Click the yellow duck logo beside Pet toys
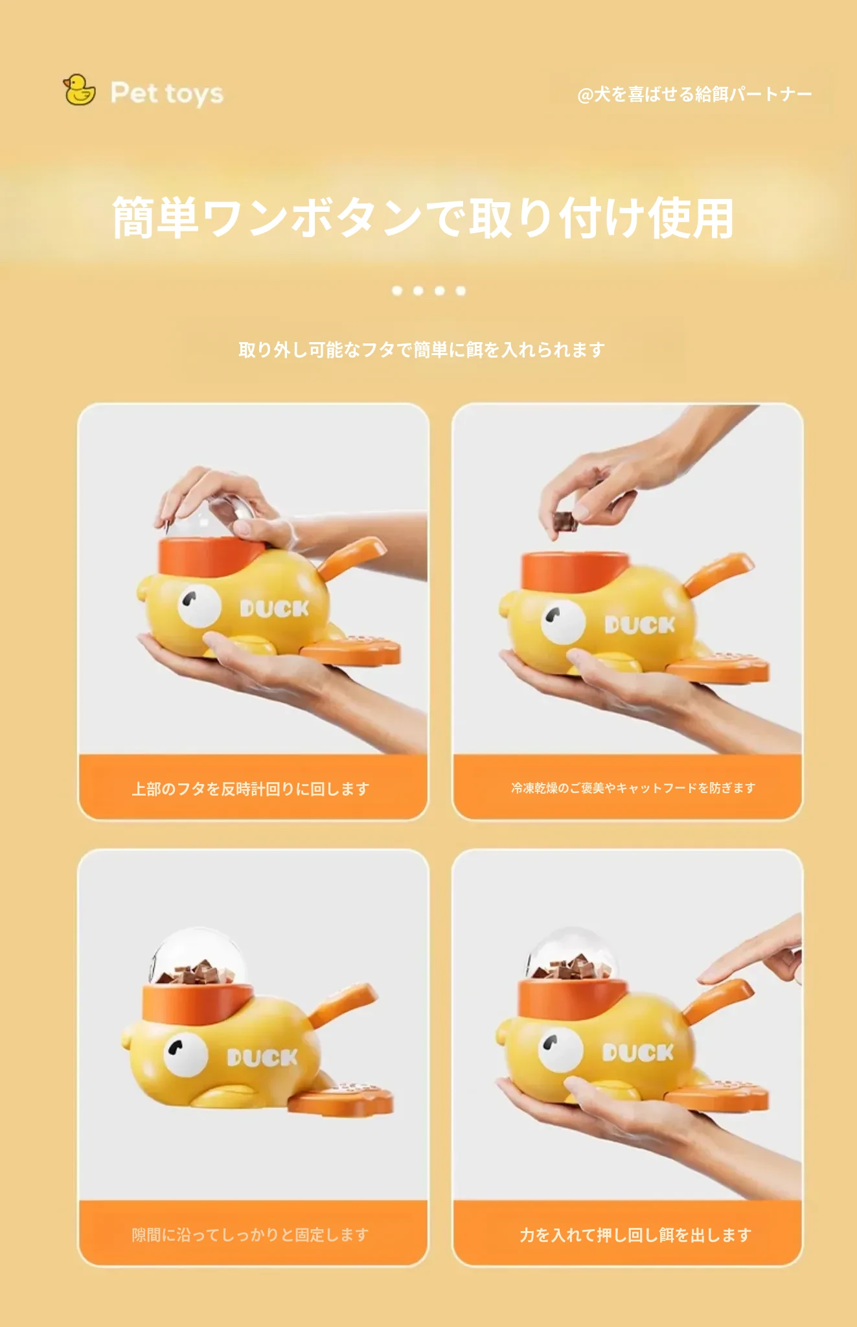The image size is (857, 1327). pos(79,90)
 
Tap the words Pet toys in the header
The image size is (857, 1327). pos(167,93)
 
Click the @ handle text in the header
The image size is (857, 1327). pos(694,95)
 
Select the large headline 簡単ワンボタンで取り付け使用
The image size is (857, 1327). pos(423,218)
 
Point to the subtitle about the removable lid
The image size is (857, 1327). pos(422,350)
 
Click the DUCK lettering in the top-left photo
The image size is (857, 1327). pos(275,608)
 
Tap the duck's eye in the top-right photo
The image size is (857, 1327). pos(563,621)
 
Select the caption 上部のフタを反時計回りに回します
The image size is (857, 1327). pos(251,789)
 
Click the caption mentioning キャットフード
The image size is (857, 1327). pos(633,788)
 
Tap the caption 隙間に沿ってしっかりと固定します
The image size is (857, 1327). pos(251,1234)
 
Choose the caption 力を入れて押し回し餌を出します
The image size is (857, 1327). pos(635,1235)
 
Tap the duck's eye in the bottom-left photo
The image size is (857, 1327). pos(185,1054)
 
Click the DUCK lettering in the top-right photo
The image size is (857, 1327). pos(640,625)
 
